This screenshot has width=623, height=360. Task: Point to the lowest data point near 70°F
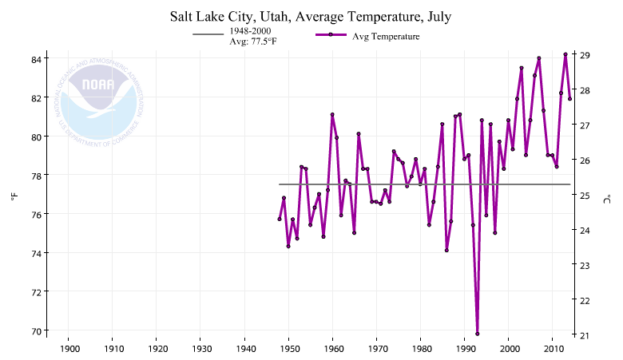pos(478,333)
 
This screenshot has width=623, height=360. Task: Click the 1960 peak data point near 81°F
pos(332,114)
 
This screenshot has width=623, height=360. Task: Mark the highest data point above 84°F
pos(565,54)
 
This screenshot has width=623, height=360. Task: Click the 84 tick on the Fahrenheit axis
pos(37,59)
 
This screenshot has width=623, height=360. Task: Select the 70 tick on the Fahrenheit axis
pos(37,330)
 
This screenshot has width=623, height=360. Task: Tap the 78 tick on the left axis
pos(37,176)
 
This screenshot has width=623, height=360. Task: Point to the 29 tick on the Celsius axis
pos(585,55)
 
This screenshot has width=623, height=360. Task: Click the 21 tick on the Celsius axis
pos(585,335)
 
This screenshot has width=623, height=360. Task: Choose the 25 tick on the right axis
pos(585,196)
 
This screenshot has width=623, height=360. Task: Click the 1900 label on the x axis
pos(69,350)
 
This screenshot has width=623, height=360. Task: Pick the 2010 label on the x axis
pos(553,350)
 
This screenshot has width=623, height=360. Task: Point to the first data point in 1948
pos(280,219)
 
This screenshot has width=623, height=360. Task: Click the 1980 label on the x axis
pos(421,350)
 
